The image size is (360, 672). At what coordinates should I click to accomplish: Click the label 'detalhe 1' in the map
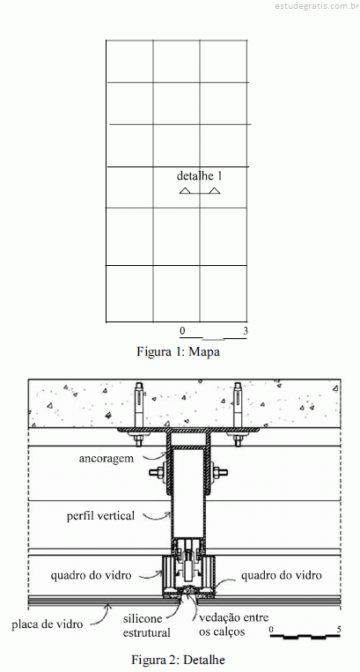coord(200,176)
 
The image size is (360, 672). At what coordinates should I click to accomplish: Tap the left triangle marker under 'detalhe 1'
coord(185,191)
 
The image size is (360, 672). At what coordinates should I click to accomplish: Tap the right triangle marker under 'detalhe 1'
coord(215,191)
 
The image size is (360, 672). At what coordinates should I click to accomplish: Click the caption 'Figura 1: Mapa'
coord(178,351)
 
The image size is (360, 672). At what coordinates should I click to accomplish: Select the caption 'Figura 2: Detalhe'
coord(178,659)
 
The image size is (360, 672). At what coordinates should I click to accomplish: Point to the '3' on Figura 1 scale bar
coord(246,331)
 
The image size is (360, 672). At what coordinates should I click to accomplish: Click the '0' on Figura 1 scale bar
coord(182,331)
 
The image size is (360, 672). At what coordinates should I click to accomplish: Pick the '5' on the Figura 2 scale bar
coord(339,630)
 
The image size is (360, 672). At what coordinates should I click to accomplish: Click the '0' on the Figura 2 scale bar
coord(271,630)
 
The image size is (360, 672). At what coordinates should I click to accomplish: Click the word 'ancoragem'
coord(107,459)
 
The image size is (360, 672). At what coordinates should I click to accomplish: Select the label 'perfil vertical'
coord(100,515)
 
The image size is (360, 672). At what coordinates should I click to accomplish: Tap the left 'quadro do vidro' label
coord(91,575)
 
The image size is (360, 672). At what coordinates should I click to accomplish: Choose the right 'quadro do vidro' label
coord(282,575)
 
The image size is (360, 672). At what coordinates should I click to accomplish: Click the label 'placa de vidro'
coord(47,624)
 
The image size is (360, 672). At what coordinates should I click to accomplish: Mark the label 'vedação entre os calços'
coord(234,624)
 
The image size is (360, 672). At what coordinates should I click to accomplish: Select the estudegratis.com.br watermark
coord(316,6)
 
